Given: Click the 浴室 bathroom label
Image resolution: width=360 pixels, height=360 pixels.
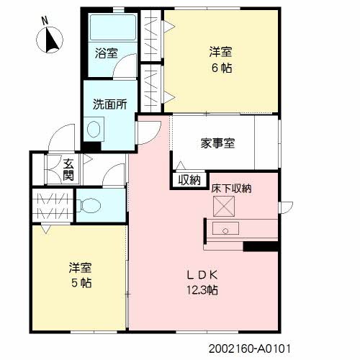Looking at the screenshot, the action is (107, 53).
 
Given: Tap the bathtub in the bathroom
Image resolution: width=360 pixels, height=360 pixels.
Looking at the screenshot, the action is (113, 27).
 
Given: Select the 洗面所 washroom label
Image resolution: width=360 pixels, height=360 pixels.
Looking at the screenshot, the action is (110, 104).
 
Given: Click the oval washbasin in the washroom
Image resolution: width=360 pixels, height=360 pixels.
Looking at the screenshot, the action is (94, 129).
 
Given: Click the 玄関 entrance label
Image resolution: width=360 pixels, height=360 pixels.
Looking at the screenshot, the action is (68, 170).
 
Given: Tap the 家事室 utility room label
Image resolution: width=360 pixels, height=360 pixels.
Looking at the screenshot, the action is (217, 143).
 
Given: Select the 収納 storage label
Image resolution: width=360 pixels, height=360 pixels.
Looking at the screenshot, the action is (189, 179).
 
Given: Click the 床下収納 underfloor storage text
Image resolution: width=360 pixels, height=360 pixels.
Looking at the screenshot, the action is (232, 189).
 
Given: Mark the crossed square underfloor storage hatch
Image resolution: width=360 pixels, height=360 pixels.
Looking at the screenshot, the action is (224, 206).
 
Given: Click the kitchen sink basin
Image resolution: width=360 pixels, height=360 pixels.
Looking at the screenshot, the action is (225, 228).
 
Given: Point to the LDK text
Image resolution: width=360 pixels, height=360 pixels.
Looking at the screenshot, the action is (202, 275).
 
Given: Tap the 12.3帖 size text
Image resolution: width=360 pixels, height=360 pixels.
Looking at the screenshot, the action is (202, 290).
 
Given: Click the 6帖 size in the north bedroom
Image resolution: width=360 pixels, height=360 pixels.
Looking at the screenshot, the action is (222, 68).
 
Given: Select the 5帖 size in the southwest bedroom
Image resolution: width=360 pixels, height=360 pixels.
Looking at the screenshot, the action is (81, 283).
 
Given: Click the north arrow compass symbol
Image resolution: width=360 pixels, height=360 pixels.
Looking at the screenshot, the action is (50, 40).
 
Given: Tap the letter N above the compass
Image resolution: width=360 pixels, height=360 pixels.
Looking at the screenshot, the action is (45, 21).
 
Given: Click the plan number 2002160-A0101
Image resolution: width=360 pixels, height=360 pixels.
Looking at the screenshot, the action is (250, 348).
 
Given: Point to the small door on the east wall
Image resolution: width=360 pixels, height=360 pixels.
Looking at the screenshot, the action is (287, 207).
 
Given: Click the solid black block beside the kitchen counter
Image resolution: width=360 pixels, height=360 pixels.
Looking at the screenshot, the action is (261, 246).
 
